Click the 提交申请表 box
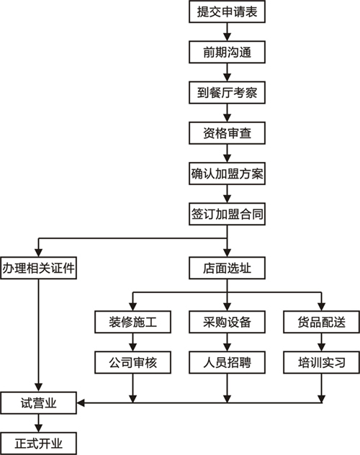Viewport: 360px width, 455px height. click(x=227, y=12)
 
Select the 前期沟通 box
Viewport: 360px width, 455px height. click(x=227, y=53)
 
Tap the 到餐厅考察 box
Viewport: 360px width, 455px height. click(x=227, y=93)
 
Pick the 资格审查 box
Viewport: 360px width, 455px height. click(x=227, y=133)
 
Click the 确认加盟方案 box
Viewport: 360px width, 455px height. click(x=227, y=174)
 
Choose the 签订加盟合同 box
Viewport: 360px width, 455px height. click(x=227, y=214)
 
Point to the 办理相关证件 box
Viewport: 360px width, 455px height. click(x=38, y=268)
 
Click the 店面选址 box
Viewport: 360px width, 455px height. click(x=227, y=268)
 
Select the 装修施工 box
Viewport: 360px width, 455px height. click(x=132, y=322)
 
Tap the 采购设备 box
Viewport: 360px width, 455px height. click(x=227, y=322)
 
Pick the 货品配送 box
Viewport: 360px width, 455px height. click(x=321, y=322)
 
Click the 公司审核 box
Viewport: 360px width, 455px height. click(x=132, y=362)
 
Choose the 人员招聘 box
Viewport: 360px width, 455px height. click(x=227, y=362)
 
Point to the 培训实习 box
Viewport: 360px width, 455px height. click(x=321, y=362)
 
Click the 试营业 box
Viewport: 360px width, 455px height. click(x=38, y=403)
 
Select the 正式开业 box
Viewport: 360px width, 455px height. click(x=38, y=443)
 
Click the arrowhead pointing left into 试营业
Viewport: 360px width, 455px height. click(x=81, y=403)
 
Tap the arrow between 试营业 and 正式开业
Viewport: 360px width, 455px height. click(x=38, y=423)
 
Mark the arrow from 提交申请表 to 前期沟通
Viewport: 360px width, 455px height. click(x=227, y=32)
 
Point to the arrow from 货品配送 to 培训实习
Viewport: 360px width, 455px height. click(x=321, y=342)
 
